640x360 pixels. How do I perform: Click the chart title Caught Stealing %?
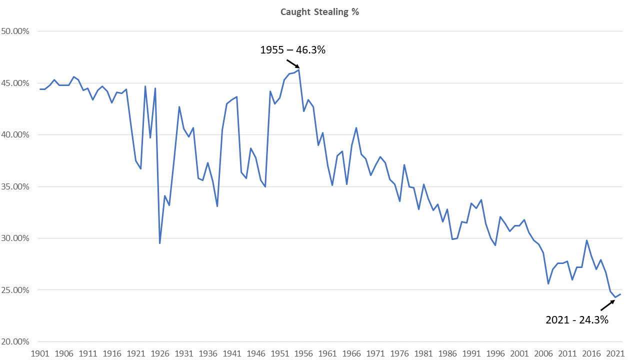[x=320, y=12]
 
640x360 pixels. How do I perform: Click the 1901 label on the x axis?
[x=40, y=353]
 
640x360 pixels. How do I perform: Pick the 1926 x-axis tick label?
[x=160, y=353]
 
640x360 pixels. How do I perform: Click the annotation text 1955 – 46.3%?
[x=293, y=50]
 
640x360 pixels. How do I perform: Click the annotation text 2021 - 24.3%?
[x=577, y=320]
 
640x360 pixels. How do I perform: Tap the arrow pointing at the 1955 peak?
[x=293, y=63]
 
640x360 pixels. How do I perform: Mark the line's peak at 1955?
[x=299, y=69]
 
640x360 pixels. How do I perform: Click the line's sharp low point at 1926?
[x=160, y=243]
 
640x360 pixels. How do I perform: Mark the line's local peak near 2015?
[x=587, y=240]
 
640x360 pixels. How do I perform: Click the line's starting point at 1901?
[x=40, y=89]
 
